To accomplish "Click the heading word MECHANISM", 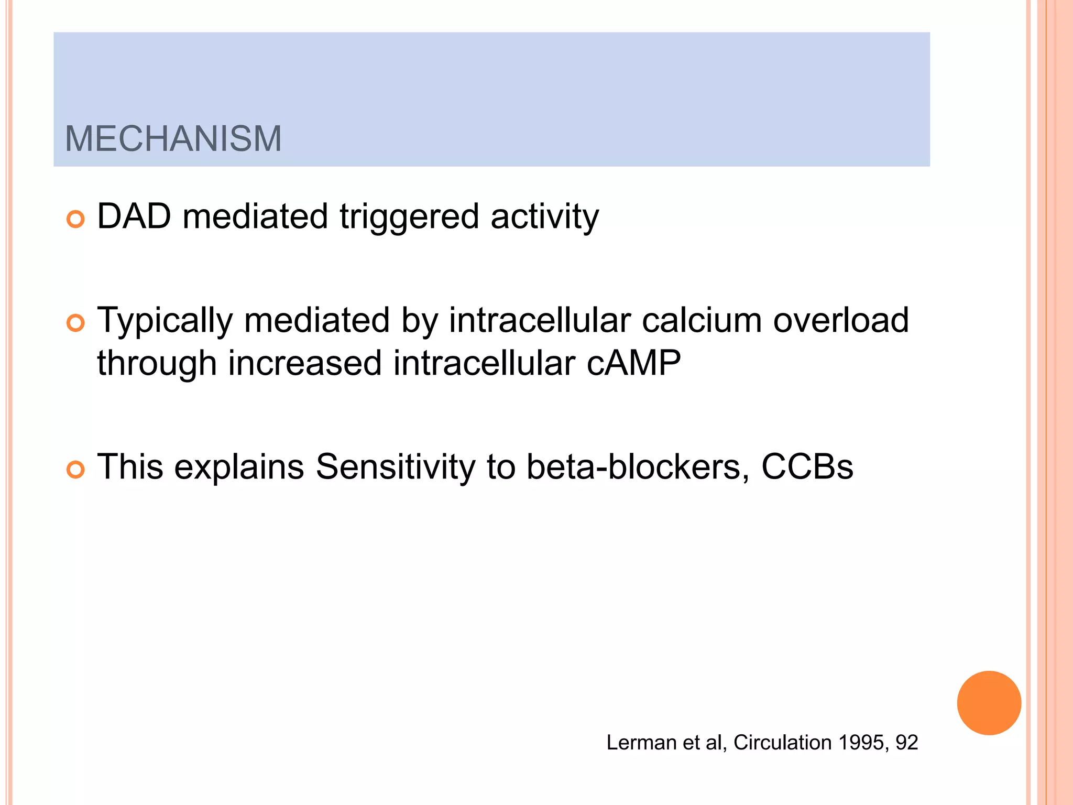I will click(x=173, y=139).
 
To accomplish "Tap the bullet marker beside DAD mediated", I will click(x=76, y=219).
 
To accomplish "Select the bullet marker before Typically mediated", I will click(x=76, y=323).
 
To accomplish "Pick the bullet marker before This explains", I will click(x=76, y=470).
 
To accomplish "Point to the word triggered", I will click(x=409, y=217).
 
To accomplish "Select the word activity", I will click(x=544, y=217).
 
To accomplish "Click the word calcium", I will click(x=702, y=320).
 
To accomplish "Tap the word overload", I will click(x=841, y=320).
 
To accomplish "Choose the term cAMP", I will click(x=633, y=363).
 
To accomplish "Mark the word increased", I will click(x=304, y=363).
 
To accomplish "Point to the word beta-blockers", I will click(x=637, y=466).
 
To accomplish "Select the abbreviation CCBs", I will click(x=807, y=466).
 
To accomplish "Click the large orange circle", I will click(x=989, y=703).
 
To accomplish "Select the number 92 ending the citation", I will click(x=906, y=743).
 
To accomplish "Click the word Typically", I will click(x=165, y=321).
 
